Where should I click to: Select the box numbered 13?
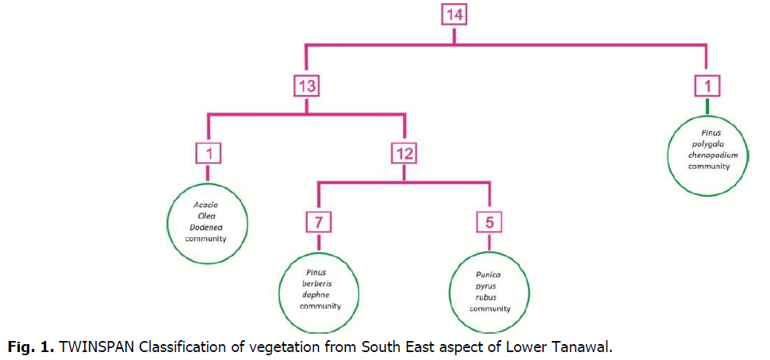307,86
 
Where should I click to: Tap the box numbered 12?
404,153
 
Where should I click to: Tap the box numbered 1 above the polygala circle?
706,86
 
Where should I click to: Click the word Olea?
206,215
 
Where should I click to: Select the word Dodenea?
206,226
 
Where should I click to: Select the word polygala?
707,144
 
